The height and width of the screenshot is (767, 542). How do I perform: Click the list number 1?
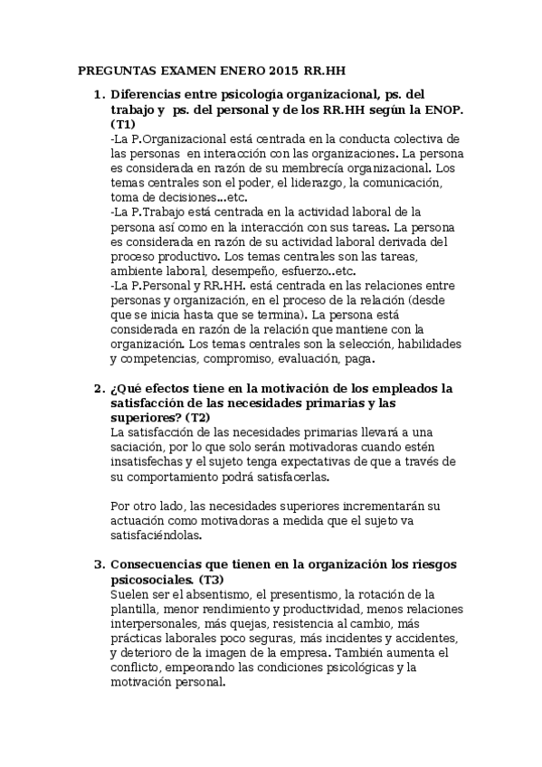tap(98, 94)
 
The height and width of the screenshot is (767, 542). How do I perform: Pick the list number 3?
tap(98, 565)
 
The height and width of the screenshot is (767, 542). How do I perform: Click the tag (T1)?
tap(123, 124)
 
